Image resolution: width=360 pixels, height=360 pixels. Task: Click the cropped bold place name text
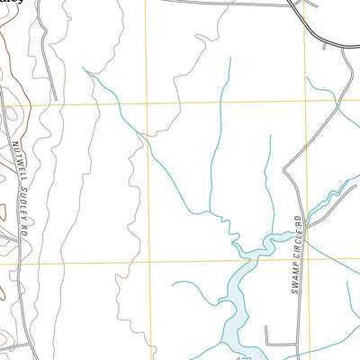click(x=11, y=3)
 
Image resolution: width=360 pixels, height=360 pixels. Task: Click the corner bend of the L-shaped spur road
click(x=267, y=345)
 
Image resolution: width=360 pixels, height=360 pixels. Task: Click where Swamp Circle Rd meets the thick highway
click(x=346, y=49)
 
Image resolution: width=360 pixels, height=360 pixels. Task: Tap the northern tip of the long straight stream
click(x=229, y=58)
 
